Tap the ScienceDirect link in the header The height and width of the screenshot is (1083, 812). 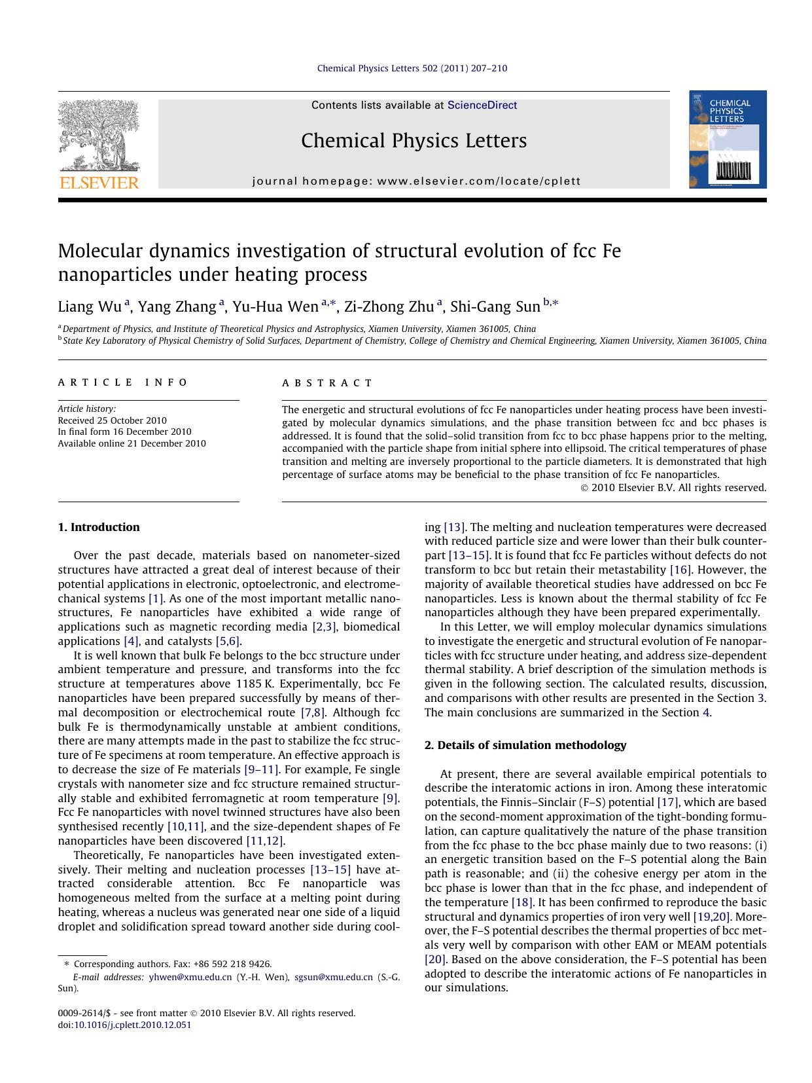pyautogui.click(x=482, y=105)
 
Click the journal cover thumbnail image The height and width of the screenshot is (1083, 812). pyautogui.click(x=728, y=139)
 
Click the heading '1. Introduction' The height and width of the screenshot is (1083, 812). pyautogui.click(x=99, y=527)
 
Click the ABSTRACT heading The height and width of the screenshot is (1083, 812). pyautogui.click(x=327, y=383)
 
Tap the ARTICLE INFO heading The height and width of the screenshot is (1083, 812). pyautogui.click(x=123, y=382)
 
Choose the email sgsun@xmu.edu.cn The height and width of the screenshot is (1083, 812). pyautogui.click(x=334, y=977)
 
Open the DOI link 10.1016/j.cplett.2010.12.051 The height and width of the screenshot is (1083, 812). pyautogui.click(x=132, y=1025)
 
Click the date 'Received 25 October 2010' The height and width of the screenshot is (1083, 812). pyautogui.click(x=112, y=420)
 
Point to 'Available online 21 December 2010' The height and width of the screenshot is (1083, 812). pyautogui.click(x=132, y=443)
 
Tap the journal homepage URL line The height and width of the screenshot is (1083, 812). pyautogui.click(x=416, y=181)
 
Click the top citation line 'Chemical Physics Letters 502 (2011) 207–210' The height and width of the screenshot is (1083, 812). pyautogui.click(x=412, y=68)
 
